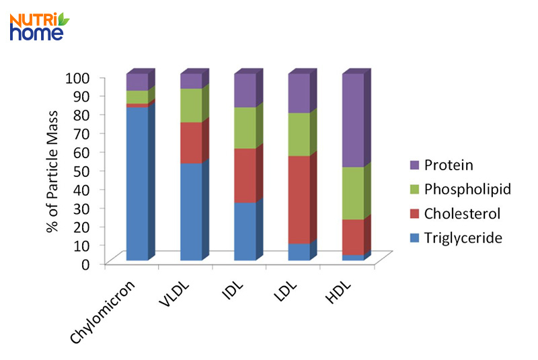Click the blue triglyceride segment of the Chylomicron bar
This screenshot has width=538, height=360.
(137, 183)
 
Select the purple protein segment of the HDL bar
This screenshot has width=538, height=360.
(353, 120)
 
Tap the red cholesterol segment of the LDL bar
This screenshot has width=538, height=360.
(299, 199)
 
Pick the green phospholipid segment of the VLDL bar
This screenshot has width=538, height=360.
(191, 105)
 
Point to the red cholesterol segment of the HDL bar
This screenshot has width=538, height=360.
(353, 237)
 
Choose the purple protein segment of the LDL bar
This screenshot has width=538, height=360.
(299, 93)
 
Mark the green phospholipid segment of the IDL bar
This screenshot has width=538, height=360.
(245, 128)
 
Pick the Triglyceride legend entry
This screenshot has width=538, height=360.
(458, 238)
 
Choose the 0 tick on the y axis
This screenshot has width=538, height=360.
(85, 264)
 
